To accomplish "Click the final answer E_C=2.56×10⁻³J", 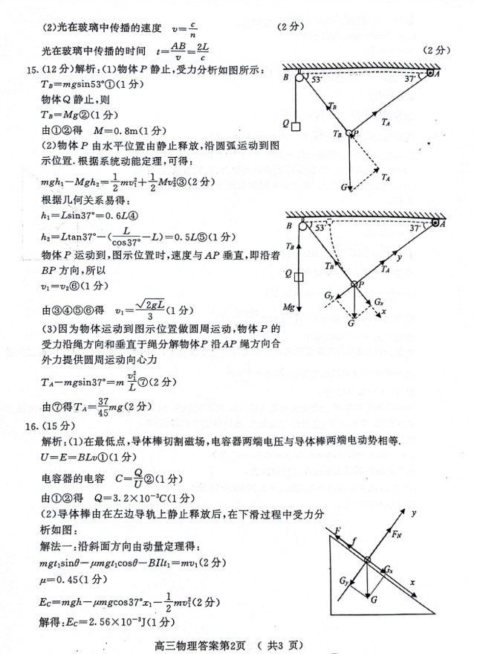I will point(103,621).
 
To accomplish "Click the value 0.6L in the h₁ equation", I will point(118,217).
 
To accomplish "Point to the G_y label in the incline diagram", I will point(343,580).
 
